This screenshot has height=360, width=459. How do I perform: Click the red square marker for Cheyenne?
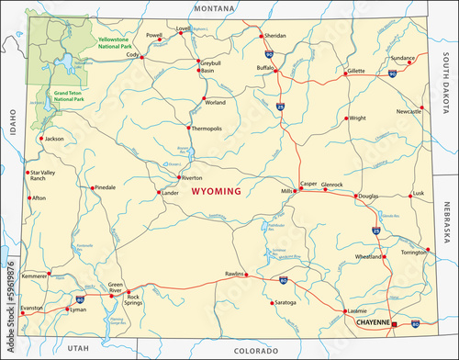tap(394, 324)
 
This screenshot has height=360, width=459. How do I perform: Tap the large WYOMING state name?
tap(217, 192)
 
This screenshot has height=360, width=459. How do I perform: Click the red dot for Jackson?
tap(40, 138)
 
